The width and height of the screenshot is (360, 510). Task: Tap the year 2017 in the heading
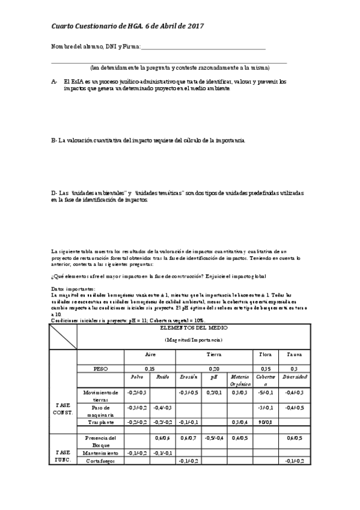click(194, 26)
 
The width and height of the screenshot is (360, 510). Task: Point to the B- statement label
click(55, 140)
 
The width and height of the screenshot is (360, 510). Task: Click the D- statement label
click(55, 192)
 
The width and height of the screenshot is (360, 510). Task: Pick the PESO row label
click(100, 367)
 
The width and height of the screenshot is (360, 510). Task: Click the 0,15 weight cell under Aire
click(150, 367)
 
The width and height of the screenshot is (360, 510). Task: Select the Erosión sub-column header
click(190, 377)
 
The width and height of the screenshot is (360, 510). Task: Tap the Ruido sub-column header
click(162, 377)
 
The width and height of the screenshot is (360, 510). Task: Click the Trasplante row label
click(100, 422)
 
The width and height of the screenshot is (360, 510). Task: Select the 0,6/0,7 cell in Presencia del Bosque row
click(190, 438)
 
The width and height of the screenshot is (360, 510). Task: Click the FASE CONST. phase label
click(62, 409)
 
